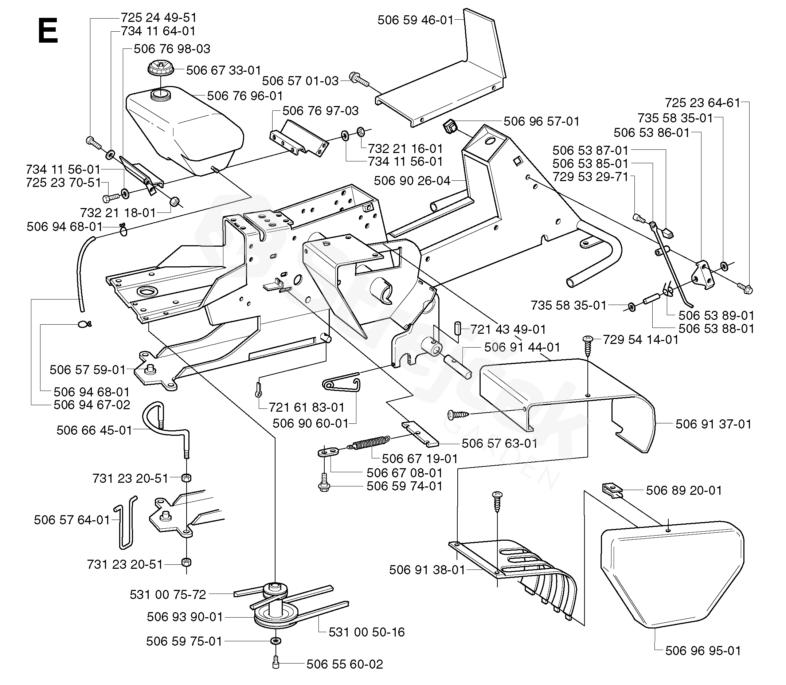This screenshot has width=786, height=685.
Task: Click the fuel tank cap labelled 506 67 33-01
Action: click(161, 69)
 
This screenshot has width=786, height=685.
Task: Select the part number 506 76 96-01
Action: click(245, 95)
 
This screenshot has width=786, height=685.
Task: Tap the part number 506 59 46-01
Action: click(415, 20)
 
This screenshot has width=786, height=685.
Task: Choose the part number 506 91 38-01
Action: click(427, 570)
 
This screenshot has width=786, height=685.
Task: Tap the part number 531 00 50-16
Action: click(367, 632)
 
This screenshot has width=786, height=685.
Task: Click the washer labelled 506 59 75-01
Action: click(276, 641)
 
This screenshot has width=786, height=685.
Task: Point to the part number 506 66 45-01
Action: click(94, 430)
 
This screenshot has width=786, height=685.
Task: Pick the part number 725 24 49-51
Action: click(159, 17)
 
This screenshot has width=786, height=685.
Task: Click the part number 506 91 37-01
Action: click(713, 424)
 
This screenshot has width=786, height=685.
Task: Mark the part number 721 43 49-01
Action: click(508, 329)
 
